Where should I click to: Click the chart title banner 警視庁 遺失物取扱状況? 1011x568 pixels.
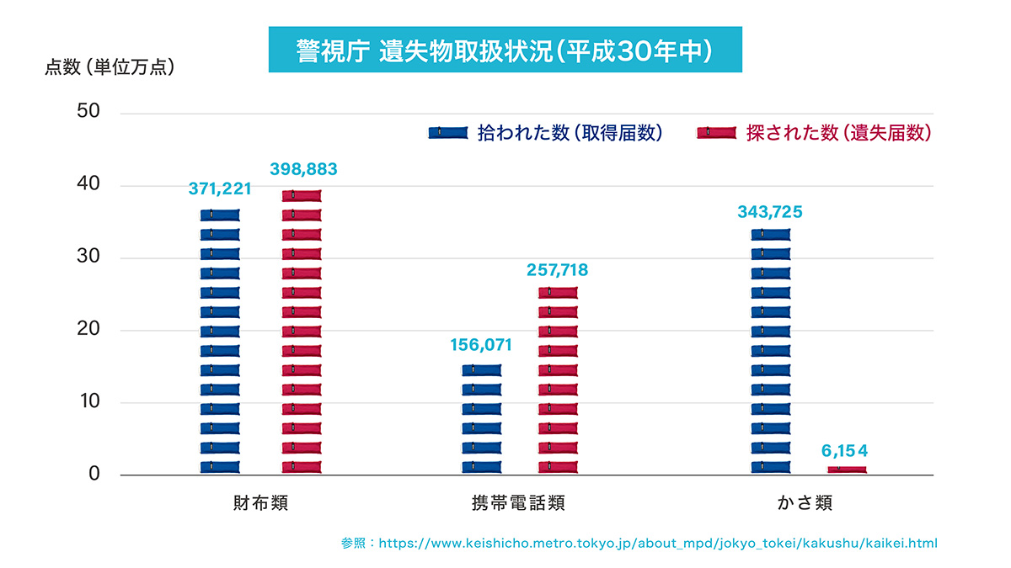pos(505,50)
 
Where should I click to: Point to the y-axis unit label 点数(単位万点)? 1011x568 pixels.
pos(110,67)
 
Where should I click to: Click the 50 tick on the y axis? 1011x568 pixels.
pos(88,111)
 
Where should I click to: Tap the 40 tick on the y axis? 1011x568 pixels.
pos(88,183)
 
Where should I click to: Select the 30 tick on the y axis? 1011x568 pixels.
pos(88,256)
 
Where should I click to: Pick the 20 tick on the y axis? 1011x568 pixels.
pos(88,329)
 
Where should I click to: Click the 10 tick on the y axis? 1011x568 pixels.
pos(89,401)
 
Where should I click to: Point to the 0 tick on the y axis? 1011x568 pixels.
pos(94,474)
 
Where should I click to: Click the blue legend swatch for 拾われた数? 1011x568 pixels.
pos(448,133)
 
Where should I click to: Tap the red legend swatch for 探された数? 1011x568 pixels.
pos(716,133)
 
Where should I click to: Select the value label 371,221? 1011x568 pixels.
pos(220,188)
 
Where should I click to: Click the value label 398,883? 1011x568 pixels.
pos(303,169)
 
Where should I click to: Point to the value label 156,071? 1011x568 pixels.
pos(481,345)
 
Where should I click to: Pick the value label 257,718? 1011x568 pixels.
pos(558,270)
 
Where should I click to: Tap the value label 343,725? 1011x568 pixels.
pos(770,212)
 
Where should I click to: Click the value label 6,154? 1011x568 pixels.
pos(844,451)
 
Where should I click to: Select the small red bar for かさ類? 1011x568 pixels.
pos(848,470)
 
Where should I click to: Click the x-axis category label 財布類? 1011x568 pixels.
pos(261,503)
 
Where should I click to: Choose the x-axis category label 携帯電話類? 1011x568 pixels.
pos(518,503)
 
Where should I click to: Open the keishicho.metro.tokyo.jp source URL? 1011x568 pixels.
pos(658,544)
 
